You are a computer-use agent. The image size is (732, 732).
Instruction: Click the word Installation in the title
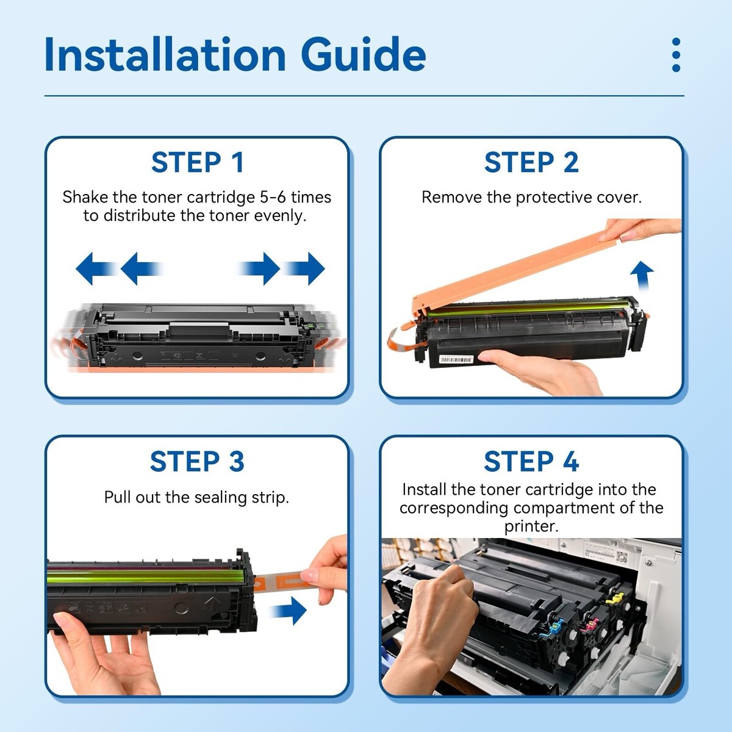(165, 54)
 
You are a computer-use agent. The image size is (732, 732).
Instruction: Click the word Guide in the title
(363, 54)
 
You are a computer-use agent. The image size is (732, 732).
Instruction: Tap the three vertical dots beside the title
(676, 55)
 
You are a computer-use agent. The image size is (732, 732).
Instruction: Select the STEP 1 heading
(197, 163)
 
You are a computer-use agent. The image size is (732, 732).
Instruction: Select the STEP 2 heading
(531, 163)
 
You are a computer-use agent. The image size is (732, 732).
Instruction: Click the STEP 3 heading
(197, 462)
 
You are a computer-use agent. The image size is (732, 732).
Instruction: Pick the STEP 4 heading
(531, 462)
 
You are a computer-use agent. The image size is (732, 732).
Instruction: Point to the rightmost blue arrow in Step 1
(304, 268)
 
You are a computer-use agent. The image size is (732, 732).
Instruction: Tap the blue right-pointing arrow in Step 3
(289, 611)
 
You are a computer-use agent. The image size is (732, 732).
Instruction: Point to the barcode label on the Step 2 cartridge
(456, 359)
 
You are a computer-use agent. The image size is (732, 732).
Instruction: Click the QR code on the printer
(622, 558)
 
